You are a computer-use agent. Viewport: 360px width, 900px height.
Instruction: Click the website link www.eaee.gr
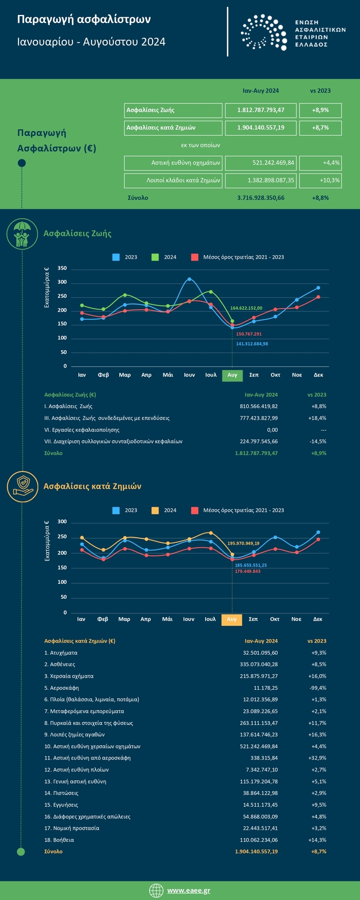coord(188,890)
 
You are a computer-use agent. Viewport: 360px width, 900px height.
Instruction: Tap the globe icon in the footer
coord(156,890)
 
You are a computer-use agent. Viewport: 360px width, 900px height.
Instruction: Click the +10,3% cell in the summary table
coord(321,181)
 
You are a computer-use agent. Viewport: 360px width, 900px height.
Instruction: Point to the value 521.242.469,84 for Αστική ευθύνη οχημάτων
coord(260,163)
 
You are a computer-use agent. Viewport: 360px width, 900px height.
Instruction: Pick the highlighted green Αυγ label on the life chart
coord(232,375)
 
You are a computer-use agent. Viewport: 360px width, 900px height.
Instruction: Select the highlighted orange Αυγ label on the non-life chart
coord(232,620)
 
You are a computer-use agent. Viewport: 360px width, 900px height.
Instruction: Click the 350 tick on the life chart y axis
coord(62,268)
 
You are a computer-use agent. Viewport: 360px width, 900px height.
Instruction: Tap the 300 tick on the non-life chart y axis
coord(62,522)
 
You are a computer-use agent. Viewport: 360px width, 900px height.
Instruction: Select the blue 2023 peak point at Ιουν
coord(189,279)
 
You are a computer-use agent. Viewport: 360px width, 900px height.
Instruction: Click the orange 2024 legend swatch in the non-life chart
coord(156,510)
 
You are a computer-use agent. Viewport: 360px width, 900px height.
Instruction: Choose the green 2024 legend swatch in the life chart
coord(156,257)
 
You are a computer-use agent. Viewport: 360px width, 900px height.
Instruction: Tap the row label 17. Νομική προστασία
coord(72,828)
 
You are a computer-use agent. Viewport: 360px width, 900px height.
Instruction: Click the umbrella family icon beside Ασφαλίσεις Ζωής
coord(22,234)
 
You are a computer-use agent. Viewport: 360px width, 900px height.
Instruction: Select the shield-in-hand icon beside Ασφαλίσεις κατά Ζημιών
coord(22,485)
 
